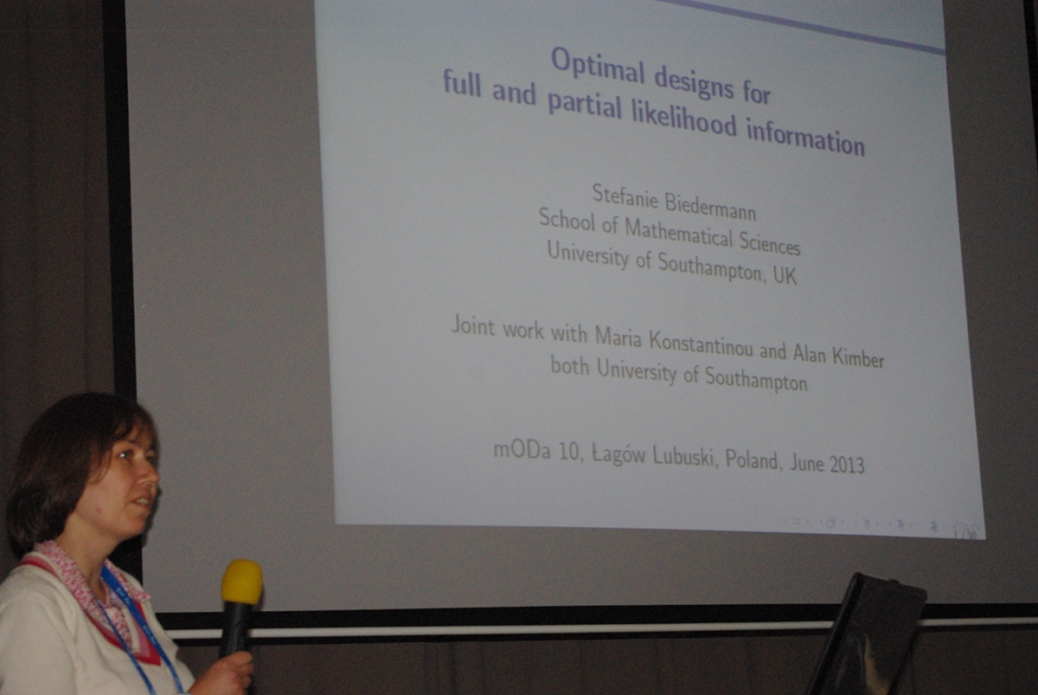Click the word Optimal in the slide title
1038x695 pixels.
598,68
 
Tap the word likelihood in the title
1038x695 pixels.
684,120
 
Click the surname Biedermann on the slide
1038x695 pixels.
710,207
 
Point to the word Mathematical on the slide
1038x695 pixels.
678,234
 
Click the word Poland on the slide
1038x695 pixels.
751,460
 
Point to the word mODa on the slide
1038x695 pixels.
522,451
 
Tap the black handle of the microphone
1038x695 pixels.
235,631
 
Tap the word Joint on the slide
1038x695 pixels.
473,325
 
